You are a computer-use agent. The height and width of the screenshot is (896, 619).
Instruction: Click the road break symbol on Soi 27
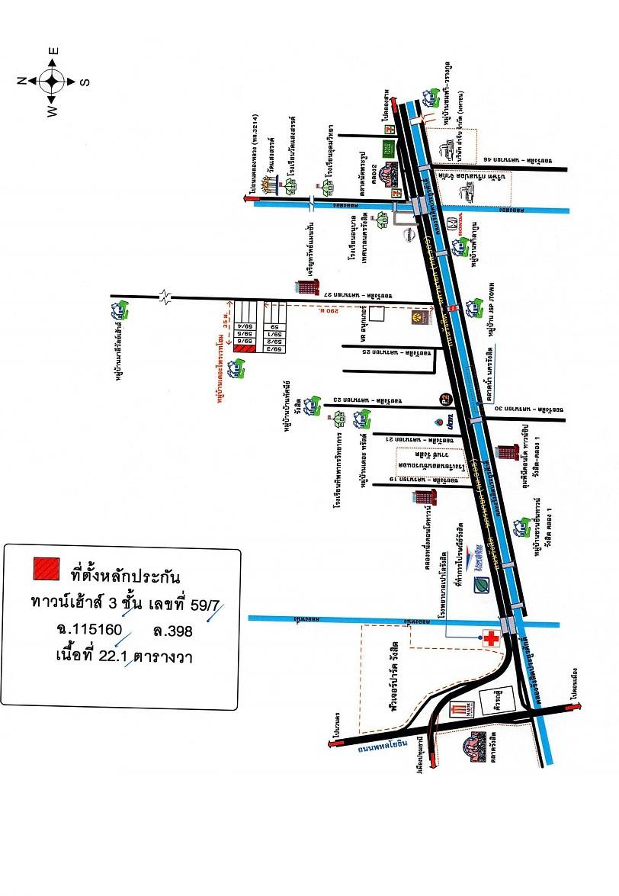point(165,296)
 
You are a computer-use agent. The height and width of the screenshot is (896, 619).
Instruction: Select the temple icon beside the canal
point(268,185)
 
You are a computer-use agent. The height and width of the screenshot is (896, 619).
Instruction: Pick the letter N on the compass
point(23,79)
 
